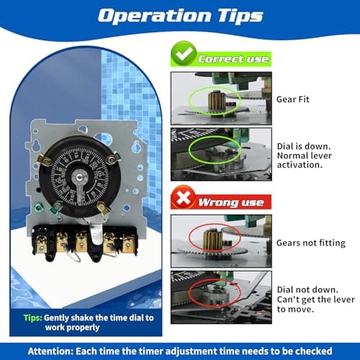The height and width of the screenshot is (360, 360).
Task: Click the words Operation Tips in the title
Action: coord(180,16)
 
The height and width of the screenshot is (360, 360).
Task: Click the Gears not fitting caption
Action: coord(310,243)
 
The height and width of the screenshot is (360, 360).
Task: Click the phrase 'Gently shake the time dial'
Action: coord(86,316)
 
